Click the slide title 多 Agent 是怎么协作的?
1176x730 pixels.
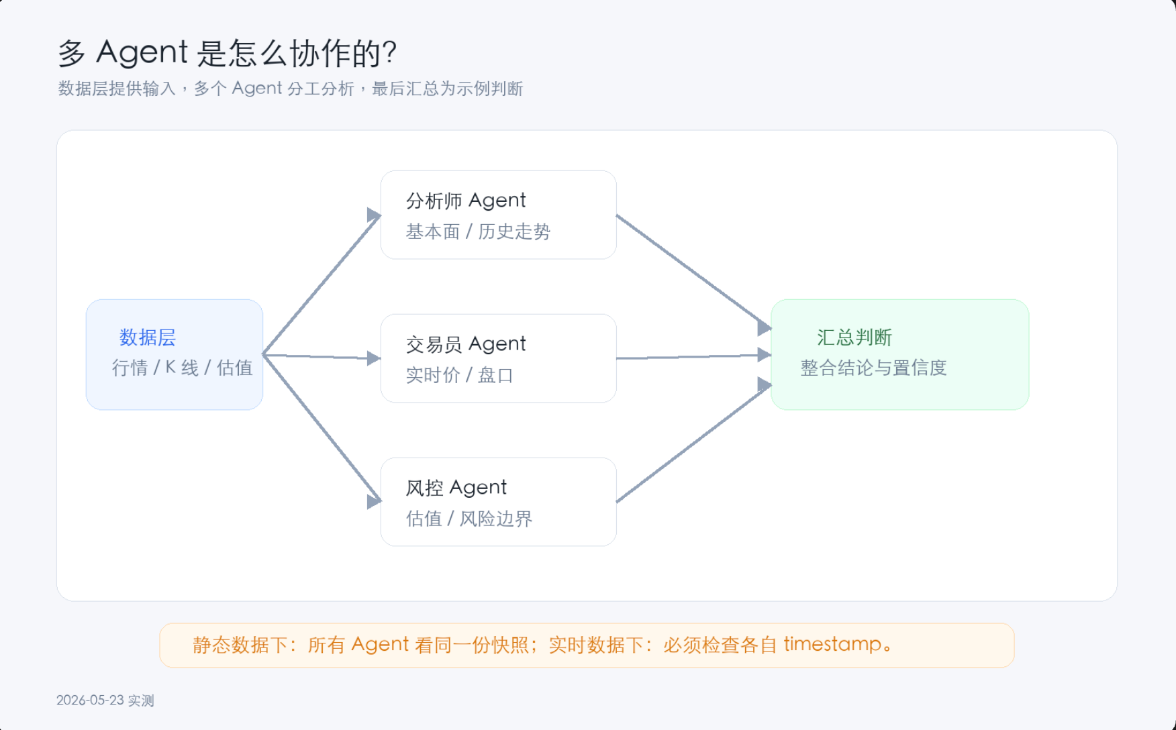point(228,53)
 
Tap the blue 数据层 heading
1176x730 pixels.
point(148,337)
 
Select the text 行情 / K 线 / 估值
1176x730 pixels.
point(182,368)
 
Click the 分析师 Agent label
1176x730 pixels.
point(466,201)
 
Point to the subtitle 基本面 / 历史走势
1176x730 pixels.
point(478,231)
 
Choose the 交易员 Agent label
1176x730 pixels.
point(466,344)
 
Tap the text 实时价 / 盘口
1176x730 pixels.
point(459,375)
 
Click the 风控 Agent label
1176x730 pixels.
point(456,488)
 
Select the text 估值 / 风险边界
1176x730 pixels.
point(469,519)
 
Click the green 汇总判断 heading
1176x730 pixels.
point(854,337)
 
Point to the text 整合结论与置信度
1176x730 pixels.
point(873,368)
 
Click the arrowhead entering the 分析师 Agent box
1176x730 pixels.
point(375,215)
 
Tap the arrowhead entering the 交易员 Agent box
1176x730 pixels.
point(375,358)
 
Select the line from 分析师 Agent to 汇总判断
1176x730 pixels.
point(694,272)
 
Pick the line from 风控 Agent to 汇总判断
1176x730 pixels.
point(694,443)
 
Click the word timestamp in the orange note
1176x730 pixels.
point(832,644)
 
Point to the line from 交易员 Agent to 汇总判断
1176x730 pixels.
point(694,356)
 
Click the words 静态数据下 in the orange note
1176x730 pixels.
point(231,645)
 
